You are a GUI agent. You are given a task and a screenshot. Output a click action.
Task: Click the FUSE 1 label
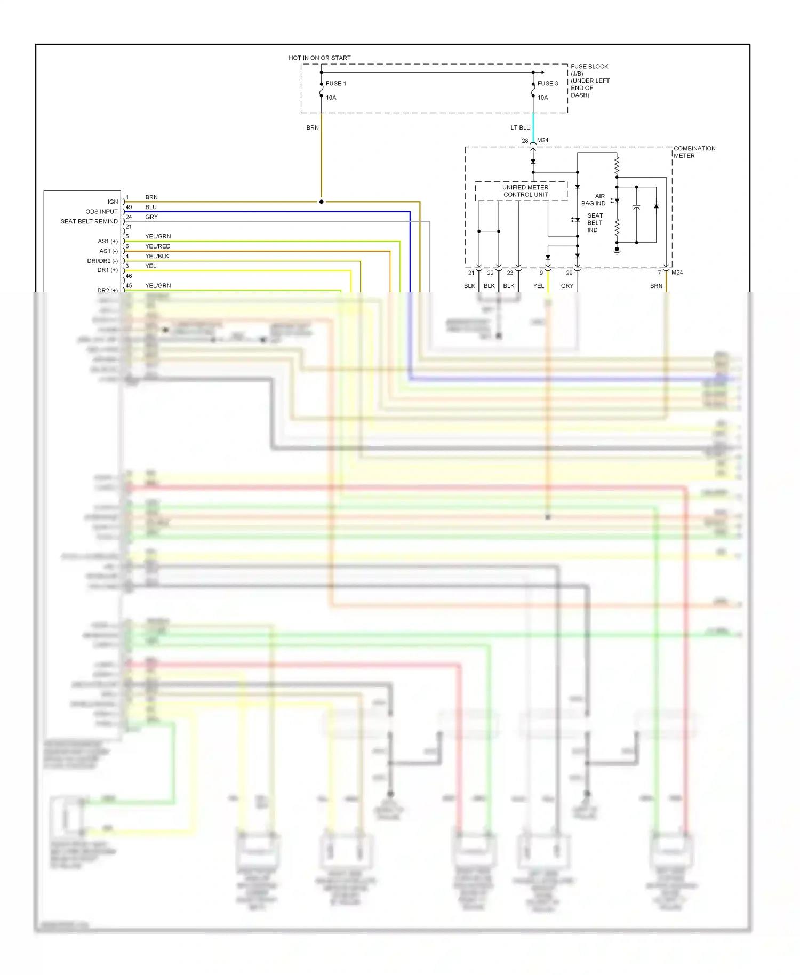335,83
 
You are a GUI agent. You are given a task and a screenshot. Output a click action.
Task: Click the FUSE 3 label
547,83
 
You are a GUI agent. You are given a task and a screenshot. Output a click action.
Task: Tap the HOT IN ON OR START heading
319,58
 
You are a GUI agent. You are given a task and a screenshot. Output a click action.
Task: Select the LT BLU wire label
520,127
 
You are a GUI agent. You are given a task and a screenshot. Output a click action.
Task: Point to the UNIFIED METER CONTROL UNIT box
525,191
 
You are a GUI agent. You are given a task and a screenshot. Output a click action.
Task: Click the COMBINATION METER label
694,152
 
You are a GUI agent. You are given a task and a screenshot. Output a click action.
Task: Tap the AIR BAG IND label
594,199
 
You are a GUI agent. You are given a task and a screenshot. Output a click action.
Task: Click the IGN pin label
113,202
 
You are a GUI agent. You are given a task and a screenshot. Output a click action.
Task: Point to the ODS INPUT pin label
101,211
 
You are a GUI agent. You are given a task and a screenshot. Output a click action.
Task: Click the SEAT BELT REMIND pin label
89,221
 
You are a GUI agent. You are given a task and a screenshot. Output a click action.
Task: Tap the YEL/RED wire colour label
157,246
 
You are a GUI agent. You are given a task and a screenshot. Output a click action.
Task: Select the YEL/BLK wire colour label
157,256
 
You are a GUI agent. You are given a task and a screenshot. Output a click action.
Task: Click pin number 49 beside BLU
129,207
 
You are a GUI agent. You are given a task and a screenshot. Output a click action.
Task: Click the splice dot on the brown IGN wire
321,202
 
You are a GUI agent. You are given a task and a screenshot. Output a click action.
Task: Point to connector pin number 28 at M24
525,141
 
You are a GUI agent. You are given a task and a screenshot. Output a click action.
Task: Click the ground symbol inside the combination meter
617,250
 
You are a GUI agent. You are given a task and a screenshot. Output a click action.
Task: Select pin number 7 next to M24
659,273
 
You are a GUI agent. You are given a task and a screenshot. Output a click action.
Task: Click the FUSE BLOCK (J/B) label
589,70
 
